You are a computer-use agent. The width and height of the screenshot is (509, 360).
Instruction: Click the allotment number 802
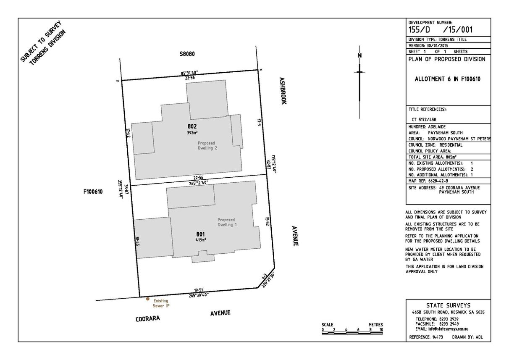[x=192, y=126]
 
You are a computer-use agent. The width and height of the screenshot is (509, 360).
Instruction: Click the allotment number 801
[x=200, y=234]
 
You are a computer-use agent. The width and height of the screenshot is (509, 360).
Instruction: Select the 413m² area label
[x=201, y=240]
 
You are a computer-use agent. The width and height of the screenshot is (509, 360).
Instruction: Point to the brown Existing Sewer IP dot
[x=148, y=299]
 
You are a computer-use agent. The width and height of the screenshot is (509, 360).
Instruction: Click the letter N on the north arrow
[x=359, y=55]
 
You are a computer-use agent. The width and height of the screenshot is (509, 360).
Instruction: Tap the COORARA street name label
[x=148, y=319]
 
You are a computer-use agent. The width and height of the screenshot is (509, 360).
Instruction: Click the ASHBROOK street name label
[x=283, y=91]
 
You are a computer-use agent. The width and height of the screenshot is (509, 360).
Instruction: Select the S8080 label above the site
[x=187, y=54]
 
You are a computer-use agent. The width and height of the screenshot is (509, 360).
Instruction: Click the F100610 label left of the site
[x=93, y=192]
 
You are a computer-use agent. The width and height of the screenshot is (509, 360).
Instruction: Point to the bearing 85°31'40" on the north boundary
[x=189, y=73]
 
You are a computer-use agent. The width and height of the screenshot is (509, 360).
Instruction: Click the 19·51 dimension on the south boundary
[x=198, y=290]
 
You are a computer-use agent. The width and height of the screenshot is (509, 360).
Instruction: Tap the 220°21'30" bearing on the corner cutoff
[x=269, y=280]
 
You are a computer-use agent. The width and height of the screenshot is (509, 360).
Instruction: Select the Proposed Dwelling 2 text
[x=207, y=145]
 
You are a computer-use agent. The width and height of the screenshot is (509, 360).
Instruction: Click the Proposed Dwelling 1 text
[x=227, y=222]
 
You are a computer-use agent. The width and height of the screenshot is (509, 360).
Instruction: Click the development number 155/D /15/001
[x=441, y=30]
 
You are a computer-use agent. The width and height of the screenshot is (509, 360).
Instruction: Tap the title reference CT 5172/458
[x=424, y=120]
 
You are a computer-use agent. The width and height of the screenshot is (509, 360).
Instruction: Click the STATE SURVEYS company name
[x=449, y=305]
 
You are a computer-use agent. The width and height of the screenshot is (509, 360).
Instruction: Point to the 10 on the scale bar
[x=381, y=330]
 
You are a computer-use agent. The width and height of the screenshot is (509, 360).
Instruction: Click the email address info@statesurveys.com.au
[x=448, y=329]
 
